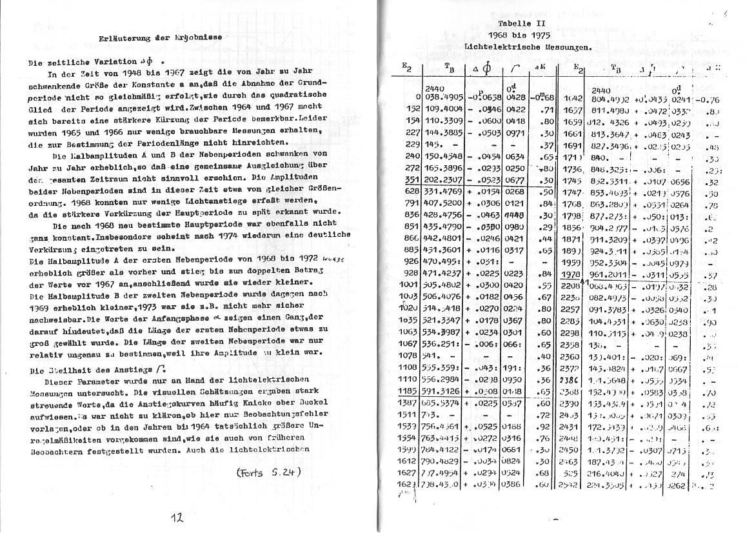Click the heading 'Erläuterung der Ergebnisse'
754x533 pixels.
click(161, 37)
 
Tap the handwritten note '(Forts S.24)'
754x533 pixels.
click(268, 472)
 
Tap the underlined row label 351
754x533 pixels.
click(412, 180)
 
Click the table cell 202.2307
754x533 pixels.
click(443, 180)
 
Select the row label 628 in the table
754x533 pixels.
click(412, 192)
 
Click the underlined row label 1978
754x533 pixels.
click(572, 274)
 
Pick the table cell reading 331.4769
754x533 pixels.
click(443, 192)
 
